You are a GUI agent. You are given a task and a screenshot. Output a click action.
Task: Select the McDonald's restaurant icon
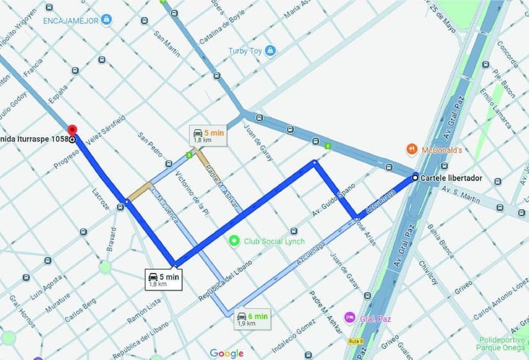(x=412, y=150)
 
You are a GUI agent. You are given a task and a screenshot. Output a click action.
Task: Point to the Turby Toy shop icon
(x=270, y=50)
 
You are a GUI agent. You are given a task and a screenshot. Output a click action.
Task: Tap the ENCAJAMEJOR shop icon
(x=107, y=20)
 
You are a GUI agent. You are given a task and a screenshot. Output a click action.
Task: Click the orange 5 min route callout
(x=209, y=135)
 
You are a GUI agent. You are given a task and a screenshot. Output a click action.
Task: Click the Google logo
(x=227, y=353)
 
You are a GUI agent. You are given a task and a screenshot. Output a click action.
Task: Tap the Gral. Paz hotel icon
(x=349, y=317)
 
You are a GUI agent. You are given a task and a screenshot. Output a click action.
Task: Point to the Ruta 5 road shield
(x=356, y=341)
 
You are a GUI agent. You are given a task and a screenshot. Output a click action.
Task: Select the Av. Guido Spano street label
(x=332, y=202)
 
